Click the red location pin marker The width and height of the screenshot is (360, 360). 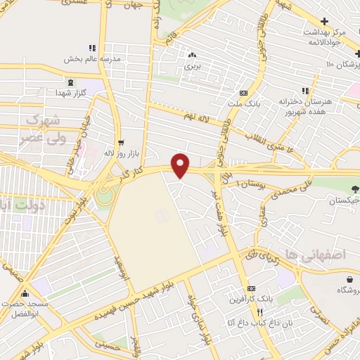(181, 165)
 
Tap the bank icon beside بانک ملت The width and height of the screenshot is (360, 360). (243, 92)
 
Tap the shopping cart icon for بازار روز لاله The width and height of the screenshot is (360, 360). (121, 142)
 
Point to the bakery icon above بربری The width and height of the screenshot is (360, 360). (192, 54)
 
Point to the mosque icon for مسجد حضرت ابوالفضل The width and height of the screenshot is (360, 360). (26, 295)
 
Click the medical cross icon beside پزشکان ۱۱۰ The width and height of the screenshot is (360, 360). (357, 54)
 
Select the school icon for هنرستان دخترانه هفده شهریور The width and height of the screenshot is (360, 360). (304, 91)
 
